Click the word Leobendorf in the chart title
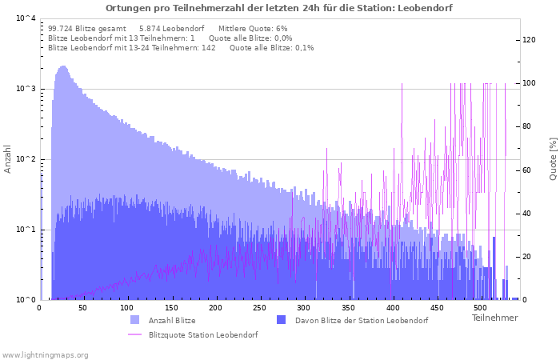pyautogui.click(x=425, y=8)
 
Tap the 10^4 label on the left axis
pyautogui.click(x=26, y=18)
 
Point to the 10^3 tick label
pyautogui.click(x=26, y=89)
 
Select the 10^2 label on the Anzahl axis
pyautogui.click(x=26, y=159)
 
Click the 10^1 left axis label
pyautogui.click(x=26, y=230)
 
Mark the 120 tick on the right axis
pyautogui.click(x=529, y=40)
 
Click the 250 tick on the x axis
pyautogui.click(x=259, y=308)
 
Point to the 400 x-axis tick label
pyautogui.click(x=393, y=308)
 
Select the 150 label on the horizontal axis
pyautogui.click(x=171, y=308)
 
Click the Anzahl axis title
pyautogui.click(x=7, y=159)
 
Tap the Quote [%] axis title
pyautogui.click(x=554, y=159)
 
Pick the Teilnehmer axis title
pyautogui.click(x=494, y=318)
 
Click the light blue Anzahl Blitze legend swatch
pyautogui.click(x=135, y=320)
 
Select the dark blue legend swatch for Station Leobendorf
pyautogui.click(x=282, y=320)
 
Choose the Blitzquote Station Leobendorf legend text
pyautogui.click(x=203, y=335)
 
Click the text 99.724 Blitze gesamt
pyautogui.click(x=87, y=29)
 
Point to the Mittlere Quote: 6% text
pyautogui.click(x=253, y=29)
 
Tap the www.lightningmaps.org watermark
pyautogui.click(x=45, y=355)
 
